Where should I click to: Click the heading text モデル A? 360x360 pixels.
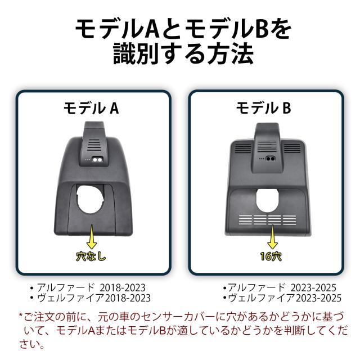(x=91, y=109)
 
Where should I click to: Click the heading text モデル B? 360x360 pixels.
(x=263, y=109)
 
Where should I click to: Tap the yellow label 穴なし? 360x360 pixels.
(x=91, y=256)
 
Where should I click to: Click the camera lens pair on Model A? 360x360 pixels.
(x=97, y=160)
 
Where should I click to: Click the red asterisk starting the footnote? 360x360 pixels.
(x=21, y=317)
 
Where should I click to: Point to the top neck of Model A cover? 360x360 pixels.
(x=93, y=135)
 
